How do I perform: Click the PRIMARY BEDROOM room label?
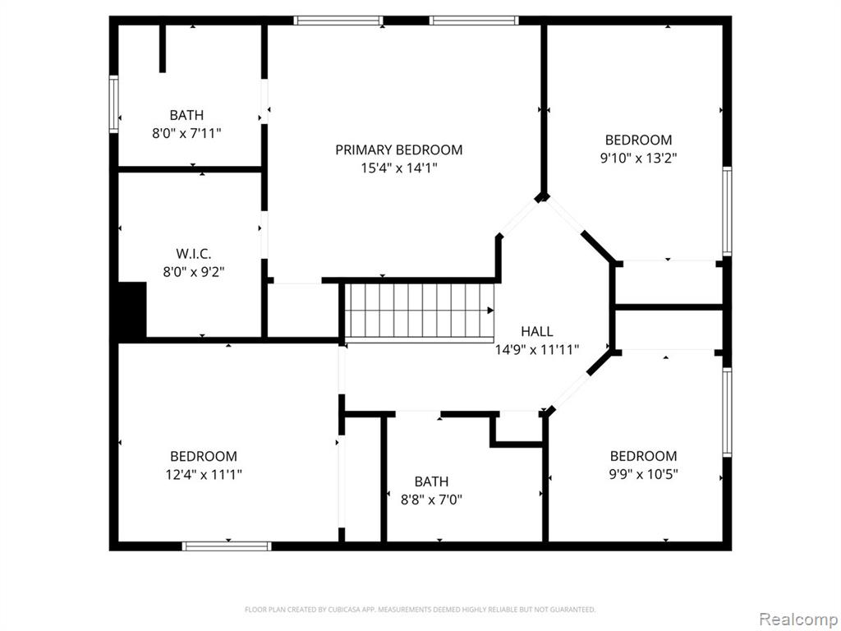coord(398,150)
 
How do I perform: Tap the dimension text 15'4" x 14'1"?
coord(398,168)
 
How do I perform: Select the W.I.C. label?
coord(193,253)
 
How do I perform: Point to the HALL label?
coord(537,331)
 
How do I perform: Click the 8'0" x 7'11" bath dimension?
coord(186,133)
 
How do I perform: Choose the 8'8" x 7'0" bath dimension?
coord(431,500)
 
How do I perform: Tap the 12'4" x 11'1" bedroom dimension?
coord(204,474)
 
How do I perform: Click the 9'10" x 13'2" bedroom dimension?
coord(638,158)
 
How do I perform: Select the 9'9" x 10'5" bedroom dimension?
coord(643,474)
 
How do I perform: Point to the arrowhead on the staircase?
coord(490,310)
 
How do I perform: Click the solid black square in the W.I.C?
coord(132,310)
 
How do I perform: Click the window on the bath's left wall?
coord(113,104)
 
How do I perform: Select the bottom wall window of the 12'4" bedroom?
coord(227,546)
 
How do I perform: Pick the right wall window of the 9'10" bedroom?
coord(727,210)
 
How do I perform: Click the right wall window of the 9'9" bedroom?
coord(727,412)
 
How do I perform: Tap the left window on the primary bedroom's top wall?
coord(338,21)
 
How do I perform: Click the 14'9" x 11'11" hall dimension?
coord(537,350)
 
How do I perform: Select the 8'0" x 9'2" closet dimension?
coord(193,272)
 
